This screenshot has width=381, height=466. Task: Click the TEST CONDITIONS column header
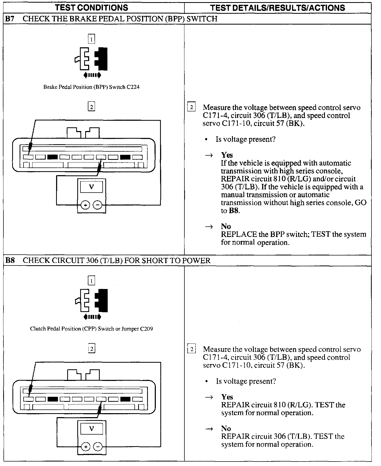click(92, 8)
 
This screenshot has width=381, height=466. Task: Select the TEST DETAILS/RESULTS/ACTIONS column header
click(278, 8)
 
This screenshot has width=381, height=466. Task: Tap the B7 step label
click(10, 19)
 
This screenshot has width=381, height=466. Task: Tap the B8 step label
click(10, 260)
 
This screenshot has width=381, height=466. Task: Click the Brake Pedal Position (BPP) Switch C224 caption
click(91, 87)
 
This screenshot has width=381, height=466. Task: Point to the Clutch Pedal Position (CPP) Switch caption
click(91, 329)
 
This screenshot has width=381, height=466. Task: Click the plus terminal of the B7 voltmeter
click(85, 205)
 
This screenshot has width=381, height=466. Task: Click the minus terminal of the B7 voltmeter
click(98, 205)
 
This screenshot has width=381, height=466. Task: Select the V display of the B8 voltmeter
click(92, 428)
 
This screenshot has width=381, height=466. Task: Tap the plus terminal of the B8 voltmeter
click(85, 447)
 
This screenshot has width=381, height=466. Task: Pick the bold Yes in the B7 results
click(227, 155)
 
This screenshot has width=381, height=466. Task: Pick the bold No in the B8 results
click(226, 428)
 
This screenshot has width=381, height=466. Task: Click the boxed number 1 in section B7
click(91, 39)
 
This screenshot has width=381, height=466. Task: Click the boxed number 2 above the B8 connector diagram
click(91, 349)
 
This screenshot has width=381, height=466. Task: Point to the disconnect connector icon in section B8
click(92, 301)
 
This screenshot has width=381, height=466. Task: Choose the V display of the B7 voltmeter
click(92, 187)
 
